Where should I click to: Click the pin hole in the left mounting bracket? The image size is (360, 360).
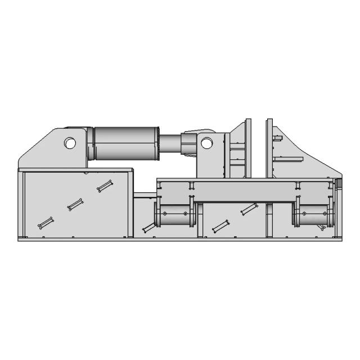70,143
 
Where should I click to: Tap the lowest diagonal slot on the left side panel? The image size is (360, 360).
46,223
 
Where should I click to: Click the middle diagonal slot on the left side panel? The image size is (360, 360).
75,205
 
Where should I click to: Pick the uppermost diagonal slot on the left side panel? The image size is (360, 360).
105,186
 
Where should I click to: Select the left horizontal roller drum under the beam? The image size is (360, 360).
174,214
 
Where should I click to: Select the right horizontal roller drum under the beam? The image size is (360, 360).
313,214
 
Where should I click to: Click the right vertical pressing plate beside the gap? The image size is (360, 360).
269,149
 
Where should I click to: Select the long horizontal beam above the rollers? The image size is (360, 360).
247,191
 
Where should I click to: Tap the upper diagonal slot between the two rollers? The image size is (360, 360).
249,209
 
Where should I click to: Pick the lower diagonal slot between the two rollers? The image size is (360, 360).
220,226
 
